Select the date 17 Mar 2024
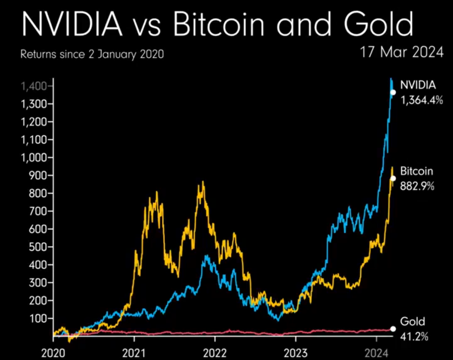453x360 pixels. (x=402, y=53)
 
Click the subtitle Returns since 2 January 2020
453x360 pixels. (x=92, y=55)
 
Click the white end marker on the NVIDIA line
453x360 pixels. (x=393, y=92)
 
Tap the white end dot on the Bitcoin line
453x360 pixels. (x=393, y=178)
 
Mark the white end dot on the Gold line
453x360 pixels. (x=393, y=329)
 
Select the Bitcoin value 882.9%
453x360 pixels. (x=418, y=186)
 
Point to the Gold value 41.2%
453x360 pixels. (x=414, y=336)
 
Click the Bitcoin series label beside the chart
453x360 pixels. (x=417, y=171)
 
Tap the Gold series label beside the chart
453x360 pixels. (x=412, y=322)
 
